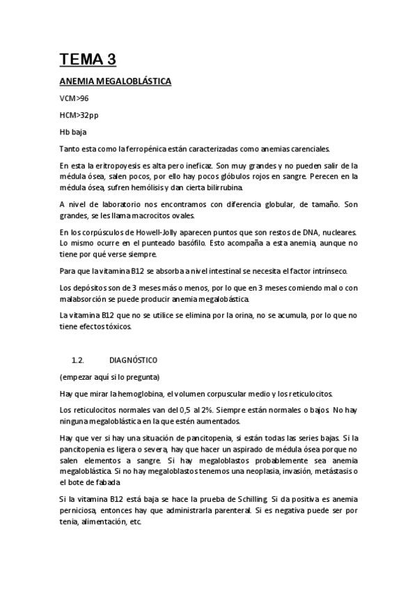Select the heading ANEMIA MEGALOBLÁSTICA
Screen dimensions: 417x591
coord(115,82)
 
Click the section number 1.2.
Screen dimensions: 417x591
coord(78,360)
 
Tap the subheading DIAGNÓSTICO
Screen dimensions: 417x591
coord(133,360)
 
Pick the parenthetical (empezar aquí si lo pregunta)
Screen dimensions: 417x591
coord(109,377)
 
